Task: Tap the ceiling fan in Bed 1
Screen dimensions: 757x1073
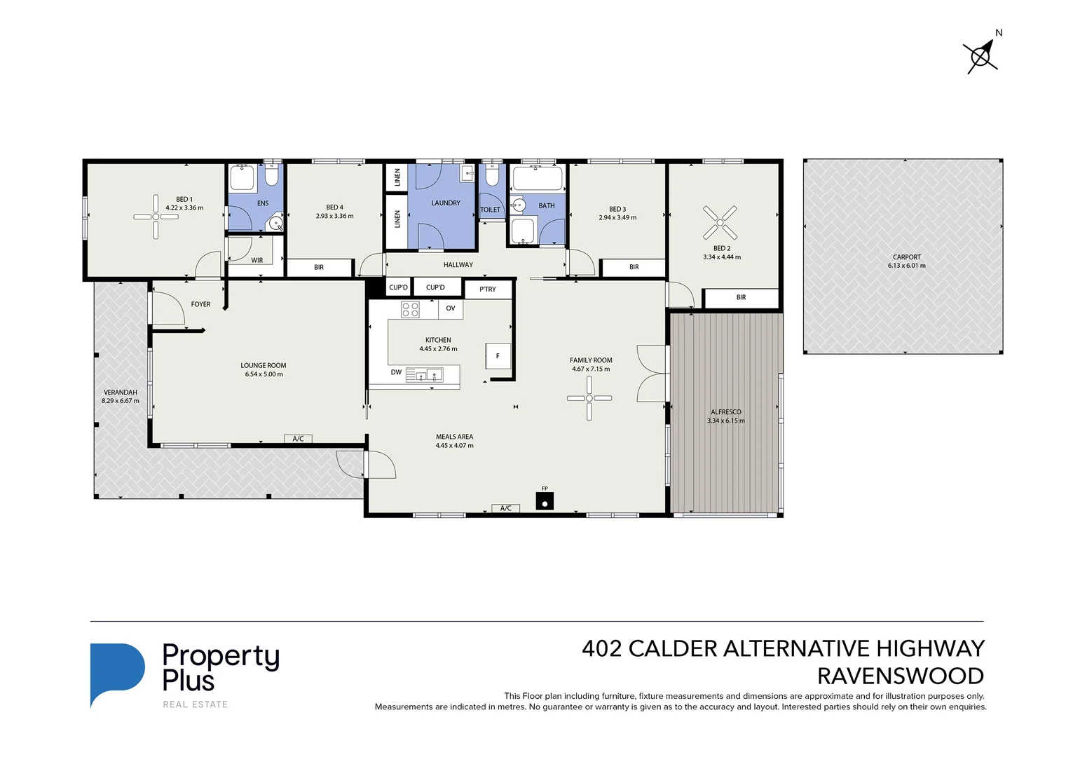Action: [156, 217]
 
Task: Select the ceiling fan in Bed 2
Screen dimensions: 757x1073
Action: [720, 222]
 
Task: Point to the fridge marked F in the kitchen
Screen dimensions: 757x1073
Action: [498, 356]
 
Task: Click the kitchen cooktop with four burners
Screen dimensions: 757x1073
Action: [410, 309]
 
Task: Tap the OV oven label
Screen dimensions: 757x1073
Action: [451, 308]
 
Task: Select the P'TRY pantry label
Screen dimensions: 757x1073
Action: [488, 289]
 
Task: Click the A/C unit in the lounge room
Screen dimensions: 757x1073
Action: [298, 439]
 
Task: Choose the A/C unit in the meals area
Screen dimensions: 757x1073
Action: [505, 508]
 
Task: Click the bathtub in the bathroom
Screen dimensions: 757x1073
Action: [538, 179]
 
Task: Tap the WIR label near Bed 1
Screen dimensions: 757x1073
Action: [257, 260]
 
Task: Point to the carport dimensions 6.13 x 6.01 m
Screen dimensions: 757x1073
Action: [906, 266]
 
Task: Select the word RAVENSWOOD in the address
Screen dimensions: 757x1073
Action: [900, 676]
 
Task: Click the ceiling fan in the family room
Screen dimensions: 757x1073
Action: [589, 398]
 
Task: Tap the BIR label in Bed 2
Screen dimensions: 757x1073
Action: [741, 298]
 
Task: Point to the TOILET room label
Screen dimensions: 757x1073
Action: [491, 210]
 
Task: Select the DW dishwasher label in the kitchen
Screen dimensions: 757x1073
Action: [396, 372]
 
